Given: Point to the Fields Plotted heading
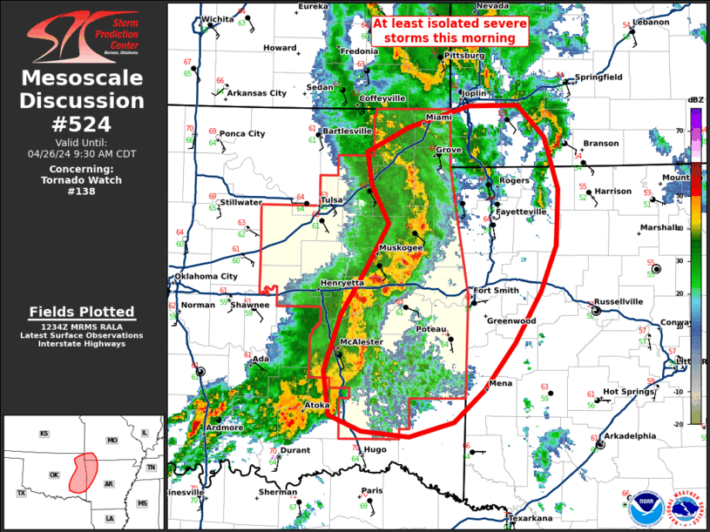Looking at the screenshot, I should (x=83, y=312).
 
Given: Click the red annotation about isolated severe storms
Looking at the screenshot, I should (x=450, y=31).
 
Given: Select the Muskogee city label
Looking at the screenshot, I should (x=400, y=248).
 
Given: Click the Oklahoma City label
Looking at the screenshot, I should (x=206, y=277).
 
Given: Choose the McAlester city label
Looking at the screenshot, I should (x=361, y=342).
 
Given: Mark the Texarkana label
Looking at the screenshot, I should (x=531, y=518).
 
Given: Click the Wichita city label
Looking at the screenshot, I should (x=218, y=18).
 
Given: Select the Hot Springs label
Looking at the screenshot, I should (x=628, y=392).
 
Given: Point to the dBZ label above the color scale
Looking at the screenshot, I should (x=695, y=100).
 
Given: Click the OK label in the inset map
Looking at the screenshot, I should (x=54, y=475).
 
